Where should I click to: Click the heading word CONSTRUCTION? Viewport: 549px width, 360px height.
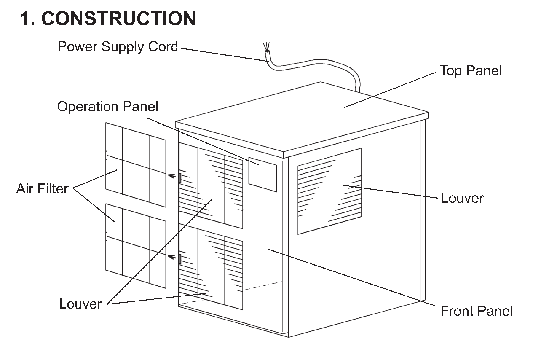click(119, 19)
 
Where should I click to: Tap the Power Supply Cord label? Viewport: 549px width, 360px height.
click(118, 47)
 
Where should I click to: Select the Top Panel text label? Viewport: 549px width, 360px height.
click(471, 71)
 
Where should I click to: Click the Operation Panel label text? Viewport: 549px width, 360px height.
click(107, 107)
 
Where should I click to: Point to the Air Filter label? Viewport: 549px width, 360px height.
click(42, 189)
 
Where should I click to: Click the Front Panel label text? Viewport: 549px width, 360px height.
click(477, 311)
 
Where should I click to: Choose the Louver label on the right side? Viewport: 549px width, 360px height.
click(462, 198)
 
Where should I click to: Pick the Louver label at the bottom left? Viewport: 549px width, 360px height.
click(80, 304)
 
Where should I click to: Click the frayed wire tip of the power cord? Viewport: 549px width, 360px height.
click(266, 47)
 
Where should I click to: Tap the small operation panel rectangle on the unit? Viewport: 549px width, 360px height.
click(262, 175)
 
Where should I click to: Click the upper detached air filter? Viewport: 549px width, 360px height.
click(136, 165)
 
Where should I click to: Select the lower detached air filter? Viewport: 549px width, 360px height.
click(136, 246)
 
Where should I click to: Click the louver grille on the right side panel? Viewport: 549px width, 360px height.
click(329, 191)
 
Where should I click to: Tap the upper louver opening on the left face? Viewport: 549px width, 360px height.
click(211, 185)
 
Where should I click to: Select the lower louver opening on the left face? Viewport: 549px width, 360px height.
click(211, 266)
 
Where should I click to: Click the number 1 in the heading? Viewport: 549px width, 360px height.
click(27, 19)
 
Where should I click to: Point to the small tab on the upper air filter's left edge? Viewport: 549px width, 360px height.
click(106, 155)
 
